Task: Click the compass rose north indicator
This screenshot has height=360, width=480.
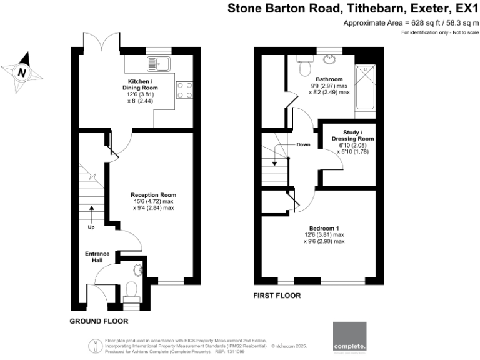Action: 22,72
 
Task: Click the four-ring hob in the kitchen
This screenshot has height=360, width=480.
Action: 184,90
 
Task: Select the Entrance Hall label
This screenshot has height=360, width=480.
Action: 97,257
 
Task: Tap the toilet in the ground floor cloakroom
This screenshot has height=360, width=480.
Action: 131,289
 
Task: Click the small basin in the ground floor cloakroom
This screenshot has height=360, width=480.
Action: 138,270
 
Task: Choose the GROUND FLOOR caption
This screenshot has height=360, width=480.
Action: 99,321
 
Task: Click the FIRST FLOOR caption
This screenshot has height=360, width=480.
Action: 277,295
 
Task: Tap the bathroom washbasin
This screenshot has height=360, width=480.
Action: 329,59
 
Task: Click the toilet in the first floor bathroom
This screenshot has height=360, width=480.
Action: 304,64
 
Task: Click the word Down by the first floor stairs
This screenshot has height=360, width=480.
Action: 304,144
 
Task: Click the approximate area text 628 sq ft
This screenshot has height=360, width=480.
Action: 421,23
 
